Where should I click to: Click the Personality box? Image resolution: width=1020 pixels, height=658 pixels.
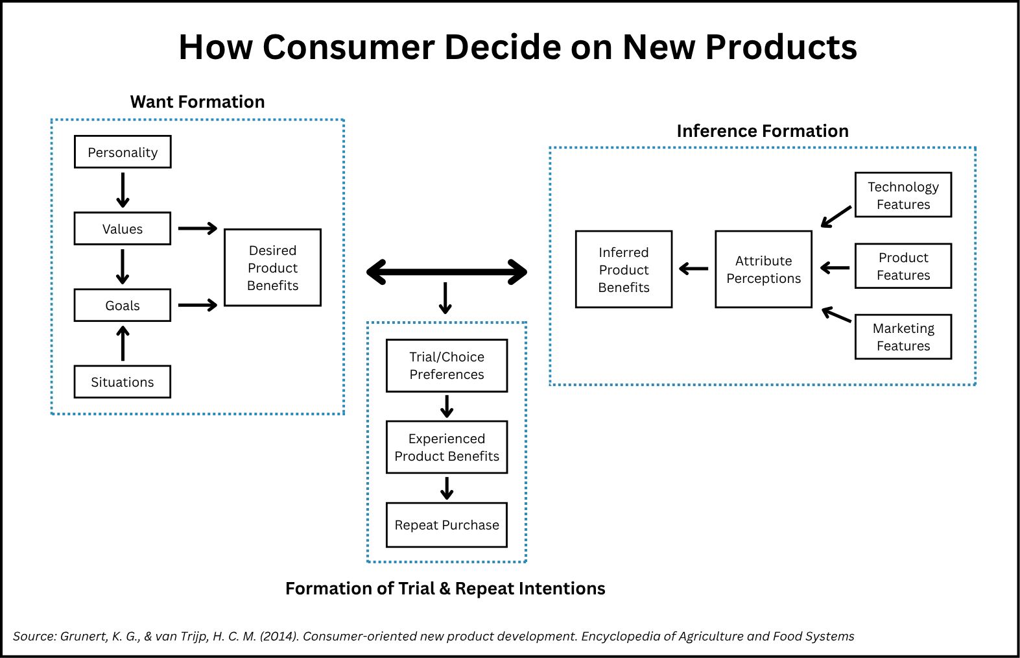pyautogui.click(x=123, y=152)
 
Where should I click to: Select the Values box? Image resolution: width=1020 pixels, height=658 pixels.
pyautogui.click(x=123, y=228)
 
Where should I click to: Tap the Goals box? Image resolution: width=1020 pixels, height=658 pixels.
pyautogui.click(x=123, y=305)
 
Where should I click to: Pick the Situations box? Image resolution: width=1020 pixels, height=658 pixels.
pyautogui.click(x=123, y=382)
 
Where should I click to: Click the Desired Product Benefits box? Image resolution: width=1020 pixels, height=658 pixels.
pyautogui.click(x=273, y=267)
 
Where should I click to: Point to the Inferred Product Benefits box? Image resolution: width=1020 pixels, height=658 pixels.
pyautogui.click(x=624, y=269)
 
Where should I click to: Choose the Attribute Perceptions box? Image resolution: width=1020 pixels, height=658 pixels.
pyautogui.click(x=764, y=269)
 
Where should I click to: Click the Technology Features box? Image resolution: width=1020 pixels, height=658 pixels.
pyautogui.click(x=903, y=195)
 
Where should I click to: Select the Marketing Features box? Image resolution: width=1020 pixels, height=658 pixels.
pyautogui.click(x=903, y=337)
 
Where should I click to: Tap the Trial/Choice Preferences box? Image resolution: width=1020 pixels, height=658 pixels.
pyautogui.click(x=447, y=365)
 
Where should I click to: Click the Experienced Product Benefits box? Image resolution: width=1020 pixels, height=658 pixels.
pyautogui.click(x=447, y=447)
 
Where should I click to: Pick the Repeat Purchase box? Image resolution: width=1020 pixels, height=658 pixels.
pyautogui.click(x=447, y=525)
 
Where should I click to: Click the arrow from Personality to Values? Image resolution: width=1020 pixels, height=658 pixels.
pyautogui.click(x=123, y=190)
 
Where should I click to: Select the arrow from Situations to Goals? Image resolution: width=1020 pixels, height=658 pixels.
pyautogui.click(x=123, y=343)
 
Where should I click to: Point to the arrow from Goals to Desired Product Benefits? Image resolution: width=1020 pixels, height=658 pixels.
pyautogui.click(x=198, y=305)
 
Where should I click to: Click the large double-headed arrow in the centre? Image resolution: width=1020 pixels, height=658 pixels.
pyautogui.click(x=447, y=272)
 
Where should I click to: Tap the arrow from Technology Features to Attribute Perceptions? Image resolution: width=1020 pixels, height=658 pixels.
pyautogui.click(x=836, y=217)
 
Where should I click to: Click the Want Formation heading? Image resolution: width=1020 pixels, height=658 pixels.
pyautogui.click(x=197, y=102)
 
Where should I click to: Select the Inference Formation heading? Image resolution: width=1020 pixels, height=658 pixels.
pyautogui.click(x=763, y=131)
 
